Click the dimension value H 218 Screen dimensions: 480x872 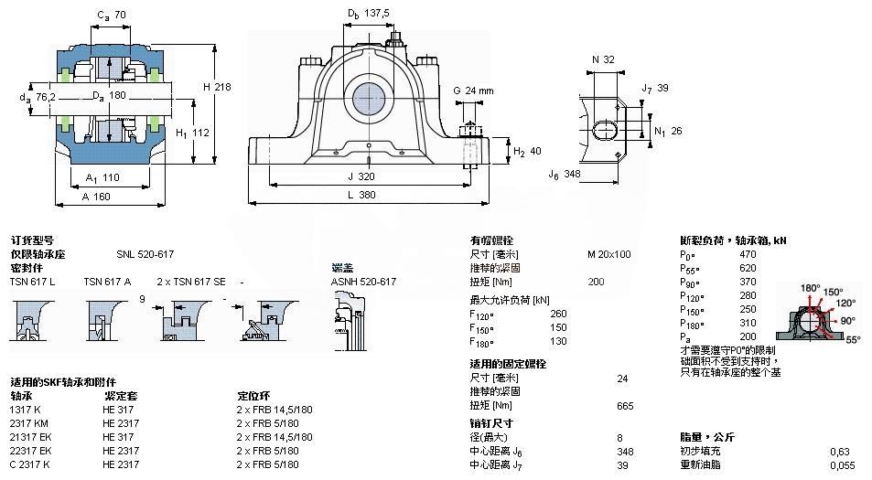pos(218,86)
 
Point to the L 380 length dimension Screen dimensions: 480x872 pos(367,195)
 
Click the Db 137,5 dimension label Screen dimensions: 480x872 pos(368,13)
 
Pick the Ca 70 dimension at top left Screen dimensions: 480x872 pos(111,14)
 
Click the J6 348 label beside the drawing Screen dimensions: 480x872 pos(565,173)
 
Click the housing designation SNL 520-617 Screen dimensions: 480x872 pos(145,254)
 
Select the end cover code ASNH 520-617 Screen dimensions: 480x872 pos(363,282)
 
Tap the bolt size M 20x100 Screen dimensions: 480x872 pos(608,254)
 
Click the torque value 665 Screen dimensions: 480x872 pos(625,405)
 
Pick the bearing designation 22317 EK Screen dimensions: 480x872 pos(31,451)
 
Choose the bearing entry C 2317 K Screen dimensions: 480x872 pos(30,464)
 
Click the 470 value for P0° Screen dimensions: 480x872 pos(748,254)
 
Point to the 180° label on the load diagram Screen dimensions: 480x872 pos(810,288)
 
